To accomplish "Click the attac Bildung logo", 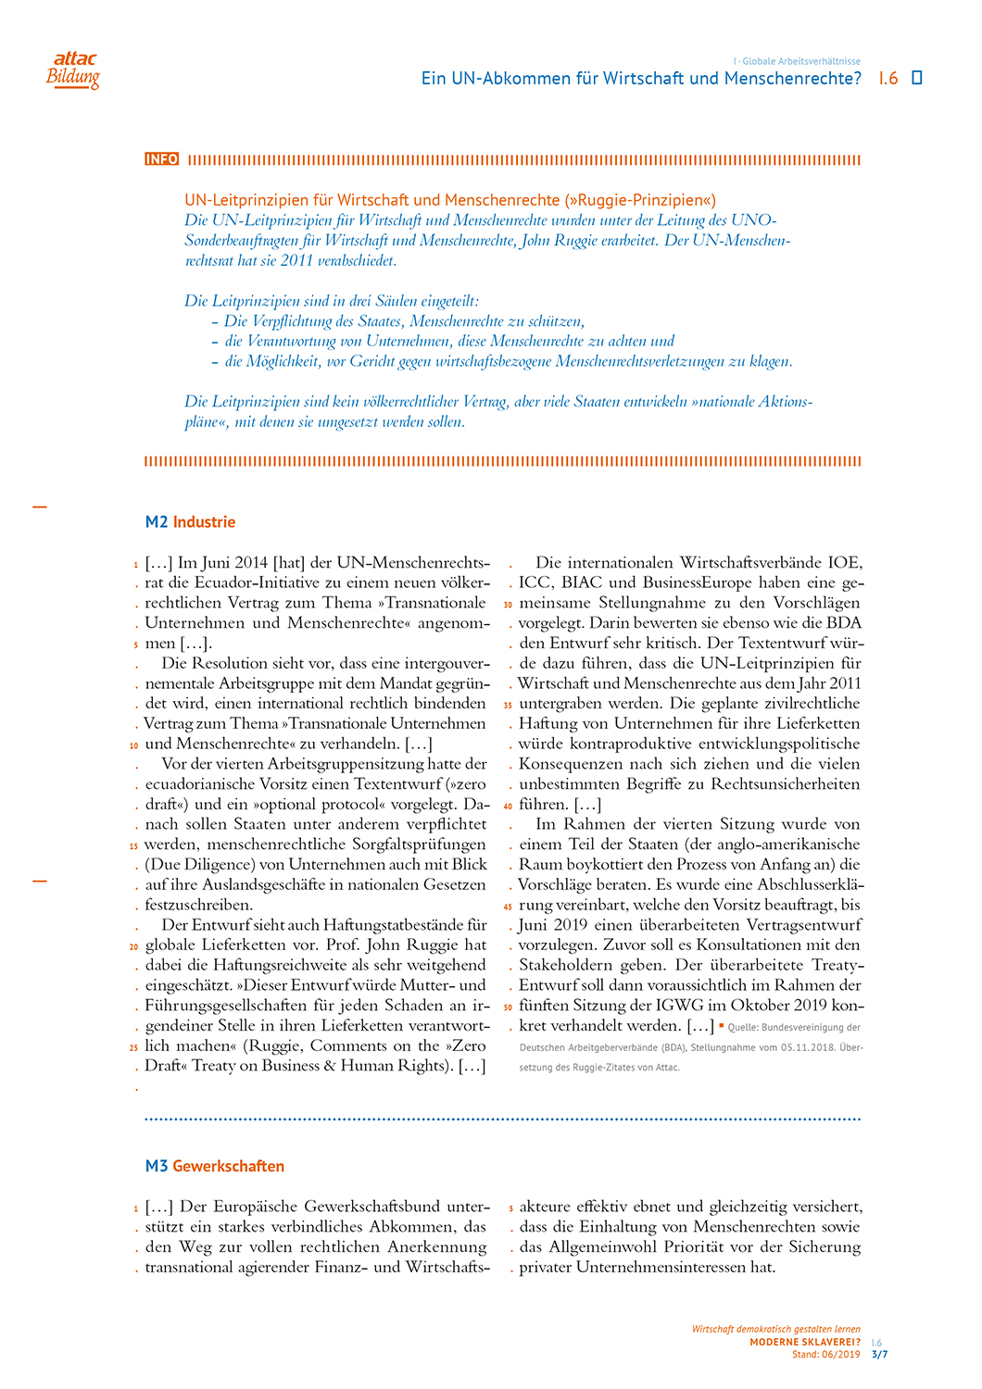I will point(73,70).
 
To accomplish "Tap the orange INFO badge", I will point(161,159).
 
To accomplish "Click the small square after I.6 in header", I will point(917,78).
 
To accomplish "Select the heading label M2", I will point(157,522).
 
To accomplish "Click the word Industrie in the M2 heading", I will point(204,522).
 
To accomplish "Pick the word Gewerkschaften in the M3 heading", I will point(228,1167).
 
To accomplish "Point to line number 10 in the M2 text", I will point(134,745).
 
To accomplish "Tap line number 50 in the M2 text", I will point(509,1007).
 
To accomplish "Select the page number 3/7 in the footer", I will point(879,1355).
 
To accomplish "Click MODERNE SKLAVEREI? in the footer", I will point(804,1343).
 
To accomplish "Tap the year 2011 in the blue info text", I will point(294,260).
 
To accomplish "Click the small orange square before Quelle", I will point(721,1026).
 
